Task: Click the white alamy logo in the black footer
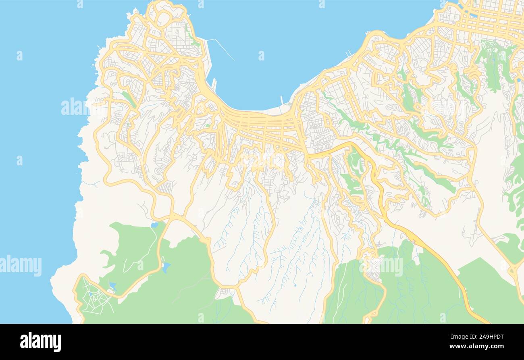point(41,341)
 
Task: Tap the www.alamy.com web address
point(476,346)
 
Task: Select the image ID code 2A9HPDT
point(482,337)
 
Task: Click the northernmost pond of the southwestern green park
point(154,225)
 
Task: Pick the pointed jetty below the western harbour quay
point(214,84)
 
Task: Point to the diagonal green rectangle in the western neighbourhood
point(129,99)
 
